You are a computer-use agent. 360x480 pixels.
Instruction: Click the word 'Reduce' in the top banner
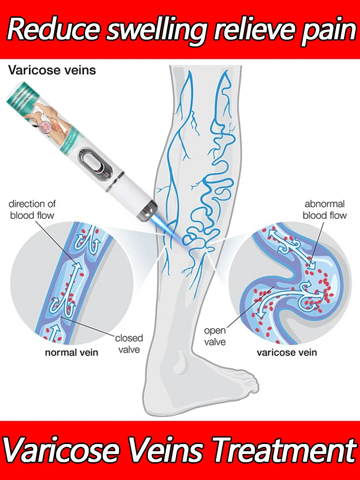pos(54,30)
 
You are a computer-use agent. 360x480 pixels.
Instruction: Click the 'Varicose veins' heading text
pos(52,70)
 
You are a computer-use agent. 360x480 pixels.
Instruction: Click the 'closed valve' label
pos(129,344)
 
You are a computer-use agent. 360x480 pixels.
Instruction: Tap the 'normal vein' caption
pos(72,353)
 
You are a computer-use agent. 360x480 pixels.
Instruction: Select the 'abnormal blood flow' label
pos(324,209)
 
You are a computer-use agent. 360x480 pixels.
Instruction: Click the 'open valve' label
pos(215,336)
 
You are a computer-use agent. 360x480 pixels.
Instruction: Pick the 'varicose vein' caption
pos(287,353)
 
